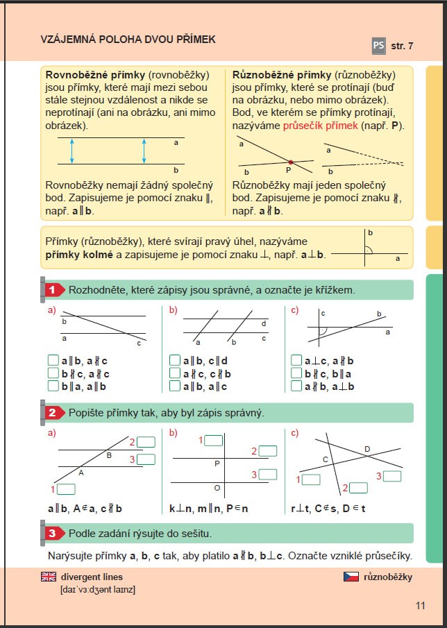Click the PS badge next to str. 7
point(378,46)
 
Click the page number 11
point(420,606)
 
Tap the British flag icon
point(49,577)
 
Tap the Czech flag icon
point(351,577)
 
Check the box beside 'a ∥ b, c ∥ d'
point(175,361)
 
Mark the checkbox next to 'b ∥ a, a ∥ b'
point(53,386)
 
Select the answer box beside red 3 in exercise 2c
point(393,476)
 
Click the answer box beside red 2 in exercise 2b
point(269,452)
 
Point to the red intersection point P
point(290,162)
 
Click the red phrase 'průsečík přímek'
point(320,126)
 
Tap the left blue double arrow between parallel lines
point(71,151)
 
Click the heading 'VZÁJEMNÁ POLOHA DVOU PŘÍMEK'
point(128,40)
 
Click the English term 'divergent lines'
point(92,577)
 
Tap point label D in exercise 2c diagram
point(367,450)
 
